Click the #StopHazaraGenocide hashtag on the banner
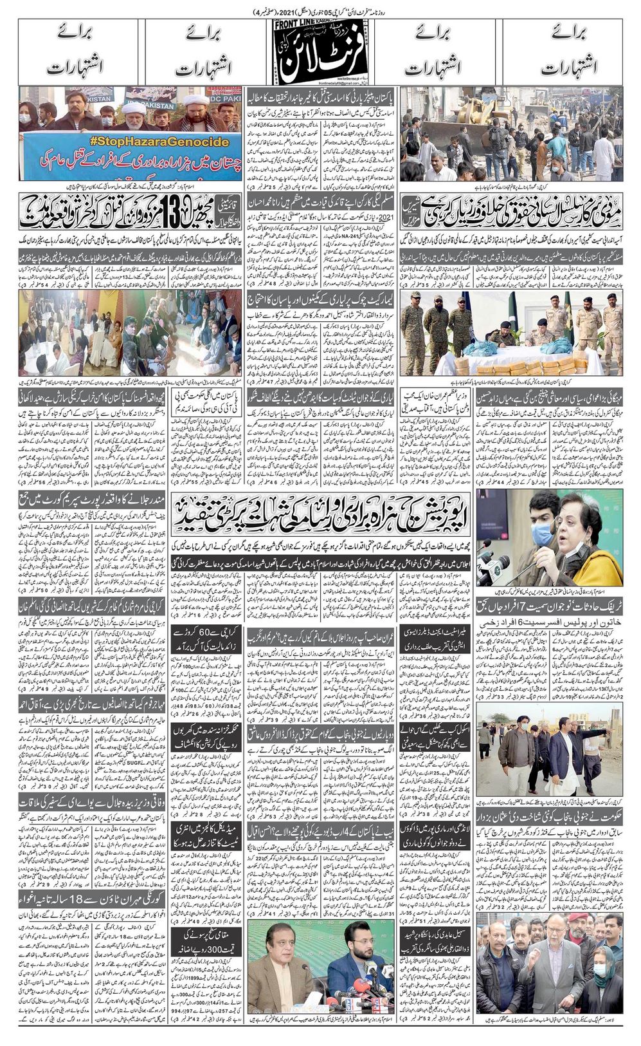click(x=132, y=142)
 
